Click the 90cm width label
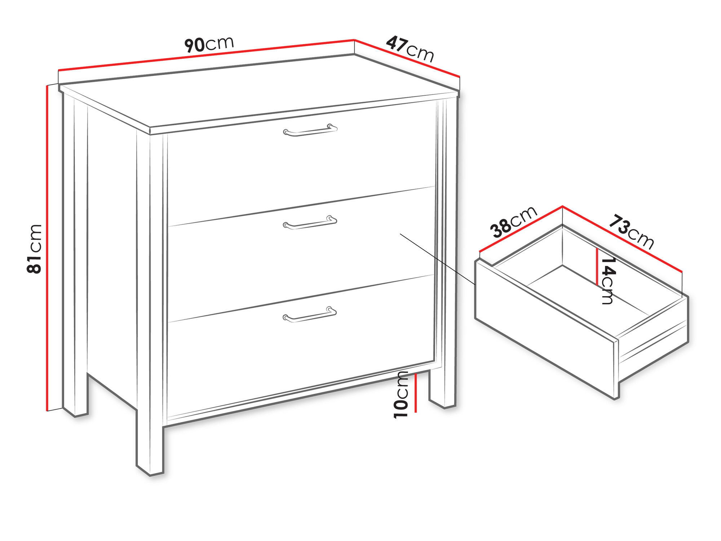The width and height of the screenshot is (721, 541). click(x=209, y=44)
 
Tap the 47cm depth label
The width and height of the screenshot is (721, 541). click(x=410, y=49)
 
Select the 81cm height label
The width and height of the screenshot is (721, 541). click(x=35, y=249)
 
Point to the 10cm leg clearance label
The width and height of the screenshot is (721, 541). click(x=401, y=395)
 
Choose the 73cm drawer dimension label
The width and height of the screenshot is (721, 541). click(x=631, y=232)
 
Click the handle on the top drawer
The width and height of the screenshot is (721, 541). click(x=310, y=130)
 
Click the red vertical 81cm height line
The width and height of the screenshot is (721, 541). click(x=47, y=248)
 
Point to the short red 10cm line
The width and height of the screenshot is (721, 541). click(x=416, y=393)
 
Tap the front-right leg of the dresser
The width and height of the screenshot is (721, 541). click(x=443, y=388)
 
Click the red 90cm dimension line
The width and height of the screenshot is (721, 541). click(x=206, y=54)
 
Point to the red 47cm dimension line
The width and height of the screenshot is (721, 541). click(x=407, y=58)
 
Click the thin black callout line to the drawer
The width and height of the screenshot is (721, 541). click(x=438, y=259)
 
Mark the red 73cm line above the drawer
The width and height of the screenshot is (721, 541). click(x=623, y=239)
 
